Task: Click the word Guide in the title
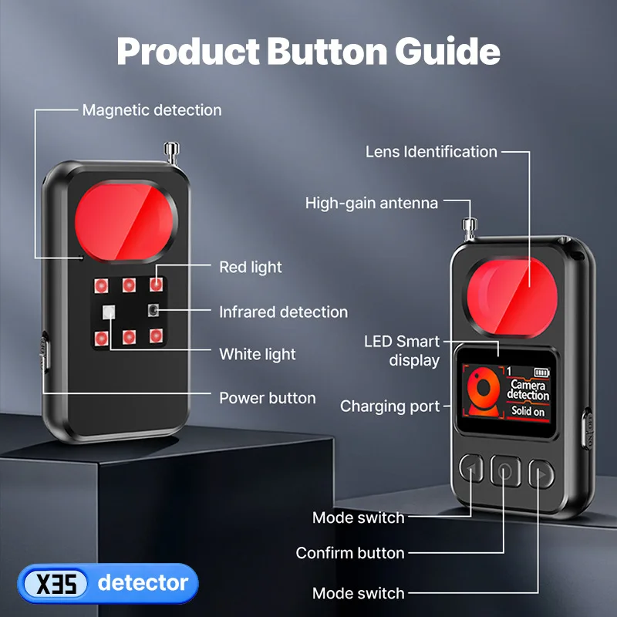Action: tap(447, 51)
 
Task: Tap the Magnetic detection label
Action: tap(152, 110)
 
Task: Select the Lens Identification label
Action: tap(431, 152)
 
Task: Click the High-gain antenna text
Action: tap(372, 203)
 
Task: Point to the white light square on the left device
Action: tap(109, 312)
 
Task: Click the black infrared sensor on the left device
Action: tap(153, 310)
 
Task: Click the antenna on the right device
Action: tap(470, 228)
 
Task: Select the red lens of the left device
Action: tap(125, 221)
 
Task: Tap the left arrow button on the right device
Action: tap(471, 468)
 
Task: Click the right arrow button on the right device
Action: tap(541, 474)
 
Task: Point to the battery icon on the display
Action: tap(541, 373)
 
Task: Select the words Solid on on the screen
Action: tap(528, 411)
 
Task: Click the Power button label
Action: tap(268, 398)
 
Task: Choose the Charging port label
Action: tap(390, 406)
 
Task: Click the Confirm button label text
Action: tap(350, 553)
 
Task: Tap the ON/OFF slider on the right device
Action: tap(588, 429)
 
